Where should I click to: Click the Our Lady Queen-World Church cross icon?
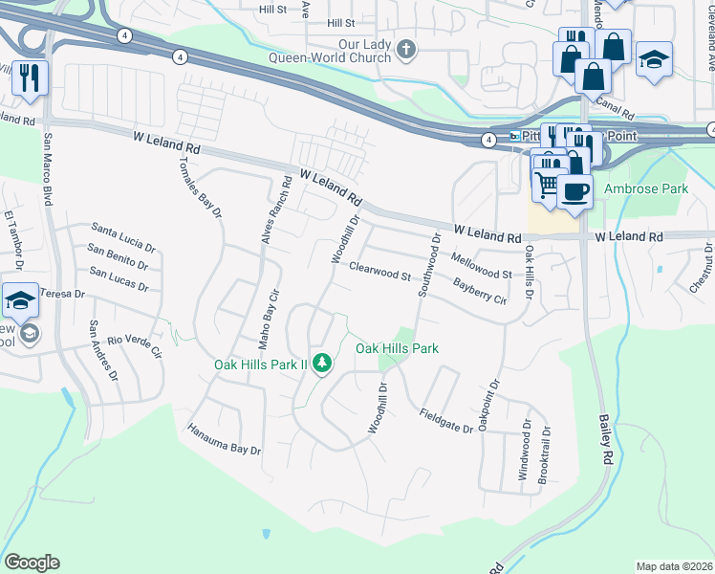[x=406, y=49]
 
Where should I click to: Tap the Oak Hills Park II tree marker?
[x=323, y=364]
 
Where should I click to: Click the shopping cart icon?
[x=548, y=185]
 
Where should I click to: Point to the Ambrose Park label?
[x=646, y=189]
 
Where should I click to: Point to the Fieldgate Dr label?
[x=446, y=421]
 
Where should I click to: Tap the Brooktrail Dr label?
[x=543, y=453]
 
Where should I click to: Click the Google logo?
[x=32, y=563]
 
